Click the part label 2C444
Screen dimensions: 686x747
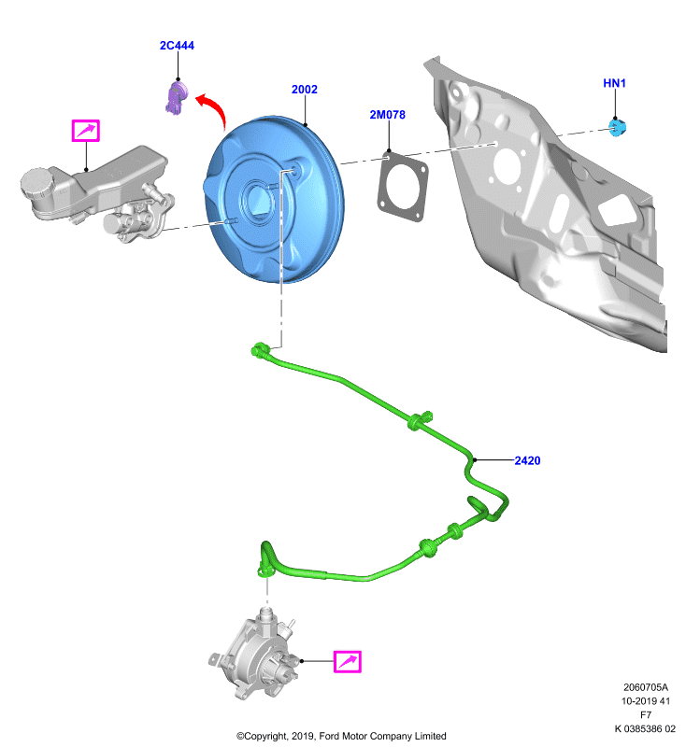[x=177, y=45]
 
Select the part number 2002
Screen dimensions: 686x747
[x=304, y=89]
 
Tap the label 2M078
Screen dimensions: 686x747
[x=388, y=114]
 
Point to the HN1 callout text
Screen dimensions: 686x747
[x=614, y=83]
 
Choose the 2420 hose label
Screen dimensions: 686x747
[x=527, y=460]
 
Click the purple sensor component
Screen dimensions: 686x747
[x=177, y=97]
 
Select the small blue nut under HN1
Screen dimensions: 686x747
[x=617, y=127]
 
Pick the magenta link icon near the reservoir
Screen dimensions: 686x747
[x=85, y=131]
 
